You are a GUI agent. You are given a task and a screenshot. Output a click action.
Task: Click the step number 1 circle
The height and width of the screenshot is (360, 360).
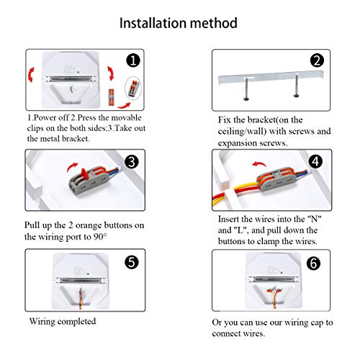point(133,60)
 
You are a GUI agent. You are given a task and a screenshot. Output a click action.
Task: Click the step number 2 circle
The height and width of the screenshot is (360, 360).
point(317,60)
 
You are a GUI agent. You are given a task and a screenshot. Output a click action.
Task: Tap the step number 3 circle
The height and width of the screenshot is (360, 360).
point(132,161)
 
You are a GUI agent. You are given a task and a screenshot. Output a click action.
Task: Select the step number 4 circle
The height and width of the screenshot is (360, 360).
point(315,161)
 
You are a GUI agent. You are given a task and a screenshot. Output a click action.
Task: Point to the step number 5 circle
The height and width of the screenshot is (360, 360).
point(132,262)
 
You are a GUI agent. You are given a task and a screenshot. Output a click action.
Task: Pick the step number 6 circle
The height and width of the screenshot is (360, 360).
point(313,264)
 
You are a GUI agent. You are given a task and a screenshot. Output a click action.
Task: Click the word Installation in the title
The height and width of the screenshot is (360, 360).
point(153,23)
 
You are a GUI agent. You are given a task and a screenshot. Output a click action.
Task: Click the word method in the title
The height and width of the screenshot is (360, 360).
point(214,23)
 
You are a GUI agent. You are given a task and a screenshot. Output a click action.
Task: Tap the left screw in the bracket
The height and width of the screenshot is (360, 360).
point(246,89)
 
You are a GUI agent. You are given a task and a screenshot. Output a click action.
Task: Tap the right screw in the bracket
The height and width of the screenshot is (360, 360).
point(297,86)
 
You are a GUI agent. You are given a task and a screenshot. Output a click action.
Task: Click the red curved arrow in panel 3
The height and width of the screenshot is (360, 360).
point(72,166)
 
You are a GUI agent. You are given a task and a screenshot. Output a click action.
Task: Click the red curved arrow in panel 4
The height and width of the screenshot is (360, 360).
point(259,164)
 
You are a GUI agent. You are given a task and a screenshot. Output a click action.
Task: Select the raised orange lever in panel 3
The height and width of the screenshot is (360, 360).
point(84,174)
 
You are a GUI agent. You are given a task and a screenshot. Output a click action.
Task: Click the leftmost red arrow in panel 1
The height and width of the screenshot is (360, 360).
point(31,75)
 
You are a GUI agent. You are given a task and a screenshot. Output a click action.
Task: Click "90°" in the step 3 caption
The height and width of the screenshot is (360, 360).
point(100,237)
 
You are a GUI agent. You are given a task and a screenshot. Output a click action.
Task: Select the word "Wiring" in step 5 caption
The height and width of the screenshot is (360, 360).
point(42,321)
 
